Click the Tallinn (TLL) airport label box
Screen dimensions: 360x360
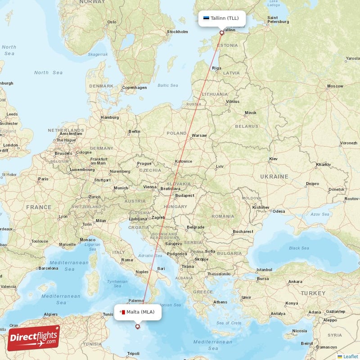point(222,18)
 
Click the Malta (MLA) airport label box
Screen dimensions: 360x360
point(138,312)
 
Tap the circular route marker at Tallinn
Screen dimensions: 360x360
point(221,33)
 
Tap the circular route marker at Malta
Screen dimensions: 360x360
point(137,327)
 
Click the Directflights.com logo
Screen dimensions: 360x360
point(33,338)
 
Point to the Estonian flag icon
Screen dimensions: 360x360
point(206,18)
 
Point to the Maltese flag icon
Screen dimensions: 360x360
point(122,312)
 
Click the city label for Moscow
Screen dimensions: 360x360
point(335,86)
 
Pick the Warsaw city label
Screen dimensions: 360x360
point(199,135)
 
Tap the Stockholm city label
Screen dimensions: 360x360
point(177,31)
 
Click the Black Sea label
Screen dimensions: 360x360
point(299,248)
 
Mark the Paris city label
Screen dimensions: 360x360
point(43,179)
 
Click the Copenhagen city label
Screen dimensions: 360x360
point(135,87)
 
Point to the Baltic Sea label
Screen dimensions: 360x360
point(167,85)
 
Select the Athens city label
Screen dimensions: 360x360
point(220,302)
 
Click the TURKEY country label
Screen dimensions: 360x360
point(313,293)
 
